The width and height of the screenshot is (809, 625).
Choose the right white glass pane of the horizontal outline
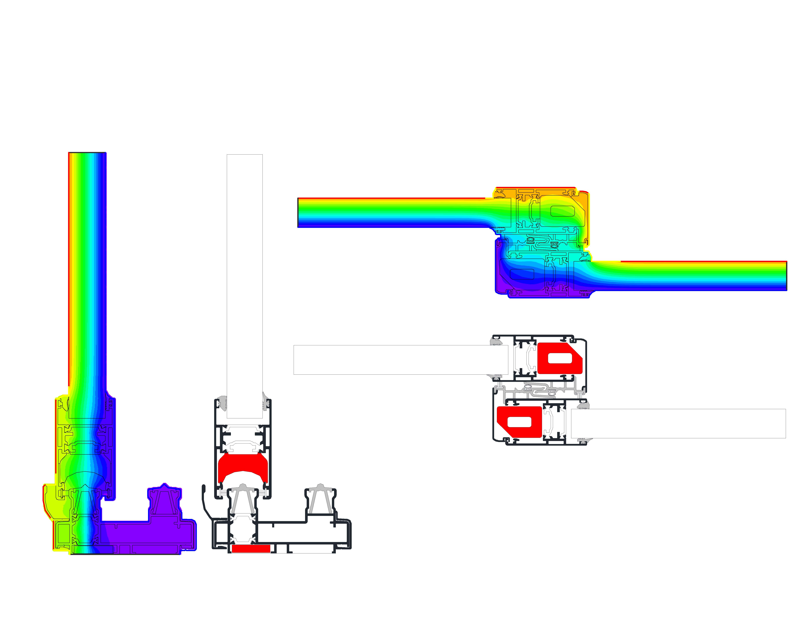(x=678, y=423)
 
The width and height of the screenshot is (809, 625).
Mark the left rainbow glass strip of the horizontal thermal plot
(x=393, y=213)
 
